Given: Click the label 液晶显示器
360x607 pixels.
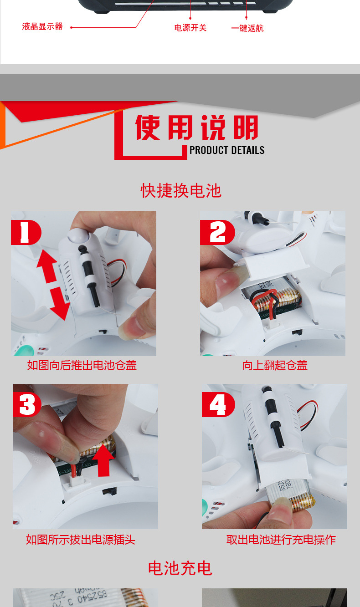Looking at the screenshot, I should (42, 27).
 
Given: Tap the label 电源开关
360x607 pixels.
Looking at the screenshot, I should (190, 28).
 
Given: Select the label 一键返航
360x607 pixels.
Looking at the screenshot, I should (247, 28).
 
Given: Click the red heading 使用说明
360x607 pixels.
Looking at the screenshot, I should (197, 128).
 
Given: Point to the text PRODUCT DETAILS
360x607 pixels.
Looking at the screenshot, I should (227, 150).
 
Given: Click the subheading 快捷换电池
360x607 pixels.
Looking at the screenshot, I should (181, 190).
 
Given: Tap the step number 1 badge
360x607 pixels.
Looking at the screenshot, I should (25, 233).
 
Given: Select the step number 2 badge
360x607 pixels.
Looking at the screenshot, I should (217, 233).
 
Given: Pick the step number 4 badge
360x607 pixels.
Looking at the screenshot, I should (218, 405).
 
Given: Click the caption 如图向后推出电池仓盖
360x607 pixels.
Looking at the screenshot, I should (82, 365).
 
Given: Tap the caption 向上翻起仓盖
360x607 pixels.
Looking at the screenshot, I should (275, 365).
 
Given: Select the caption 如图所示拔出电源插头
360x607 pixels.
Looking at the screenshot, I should (81, 540).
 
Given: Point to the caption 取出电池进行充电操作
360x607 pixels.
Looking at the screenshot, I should (281, 540).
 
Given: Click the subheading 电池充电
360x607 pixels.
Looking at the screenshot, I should (180, 568).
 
